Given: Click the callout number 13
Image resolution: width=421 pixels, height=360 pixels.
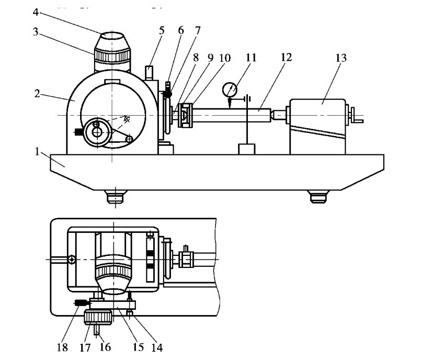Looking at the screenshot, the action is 341,58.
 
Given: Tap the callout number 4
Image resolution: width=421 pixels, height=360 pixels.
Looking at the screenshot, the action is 36,12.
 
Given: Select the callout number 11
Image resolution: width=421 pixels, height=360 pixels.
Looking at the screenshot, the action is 251,58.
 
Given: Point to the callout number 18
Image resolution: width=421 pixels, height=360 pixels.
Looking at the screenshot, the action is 62,347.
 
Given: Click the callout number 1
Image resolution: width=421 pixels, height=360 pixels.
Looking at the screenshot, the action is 37,152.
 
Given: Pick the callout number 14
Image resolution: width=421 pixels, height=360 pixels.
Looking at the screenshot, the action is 157,347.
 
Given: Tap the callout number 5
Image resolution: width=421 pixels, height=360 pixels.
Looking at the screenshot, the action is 162,30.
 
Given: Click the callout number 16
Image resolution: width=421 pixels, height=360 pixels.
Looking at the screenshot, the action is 105,347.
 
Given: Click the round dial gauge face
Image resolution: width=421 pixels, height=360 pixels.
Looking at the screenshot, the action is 230,89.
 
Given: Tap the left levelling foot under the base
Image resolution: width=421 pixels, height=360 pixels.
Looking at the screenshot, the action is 116,196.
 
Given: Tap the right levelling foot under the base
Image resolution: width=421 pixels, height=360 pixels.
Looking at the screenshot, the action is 318,196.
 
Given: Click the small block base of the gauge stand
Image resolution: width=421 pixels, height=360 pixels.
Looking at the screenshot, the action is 247,149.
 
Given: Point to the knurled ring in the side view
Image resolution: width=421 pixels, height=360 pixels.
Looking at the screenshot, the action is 112,56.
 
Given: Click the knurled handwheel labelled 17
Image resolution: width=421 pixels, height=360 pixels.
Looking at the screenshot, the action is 98,317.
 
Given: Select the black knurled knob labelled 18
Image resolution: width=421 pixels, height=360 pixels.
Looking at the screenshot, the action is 81,303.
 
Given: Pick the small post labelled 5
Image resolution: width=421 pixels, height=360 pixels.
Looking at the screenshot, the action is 149,73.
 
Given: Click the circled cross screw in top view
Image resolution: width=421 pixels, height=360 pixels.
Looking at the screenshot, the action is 72,260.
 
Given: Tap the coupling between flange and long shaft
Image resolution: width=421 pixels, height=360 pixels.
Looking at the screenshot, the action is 185,116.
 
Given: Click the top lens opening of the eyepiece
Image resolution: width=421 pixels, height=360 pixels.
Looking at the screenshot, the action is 112,35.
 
